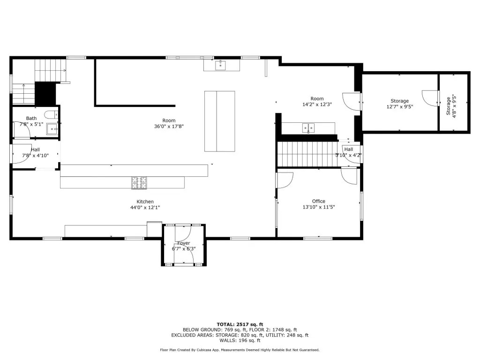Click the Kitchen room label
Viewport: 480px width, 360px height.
[x=145, y=202]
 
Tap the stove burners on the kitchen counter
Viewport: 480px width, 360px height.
[x=139, y=183]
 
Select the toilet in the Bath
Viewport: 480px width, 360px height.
[x=51, y=115]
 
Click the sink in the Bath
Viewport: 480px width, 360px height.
[x=52, y=129]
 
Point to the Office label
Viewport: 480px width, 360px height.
[x=319, y=201]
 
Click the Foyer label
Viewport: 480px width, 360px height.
[x=184, y=243]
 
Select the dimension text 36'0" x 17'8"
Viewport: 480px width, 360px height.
[x=169, y=126]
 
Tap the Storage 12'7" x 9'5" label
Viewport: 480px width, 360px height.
[x=400, y=104]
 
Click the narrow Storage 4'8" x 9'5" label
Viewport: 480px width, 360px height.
[x=451, y=106]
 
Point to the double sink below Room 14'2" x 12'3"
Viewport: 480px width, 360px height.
[x=308, y=128]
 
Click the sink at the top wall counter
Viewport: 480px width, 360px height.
[x=220, y=65]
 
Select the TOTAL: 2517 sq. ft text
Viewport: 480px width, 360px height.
[x=240, y=324]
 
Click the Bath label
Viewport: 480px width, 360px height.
[x=31, y=118]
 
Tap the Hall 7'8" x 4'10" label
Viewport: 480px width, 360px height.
[x=35, y=152]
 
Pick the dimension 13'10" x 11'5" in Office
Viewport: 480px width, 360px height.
[x=319, y=207]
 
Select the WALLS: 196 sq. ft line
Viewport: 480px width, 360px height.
[x=240, y=340]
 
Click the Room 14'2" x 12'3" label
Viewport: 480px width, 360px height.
[x=317, y=101]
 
